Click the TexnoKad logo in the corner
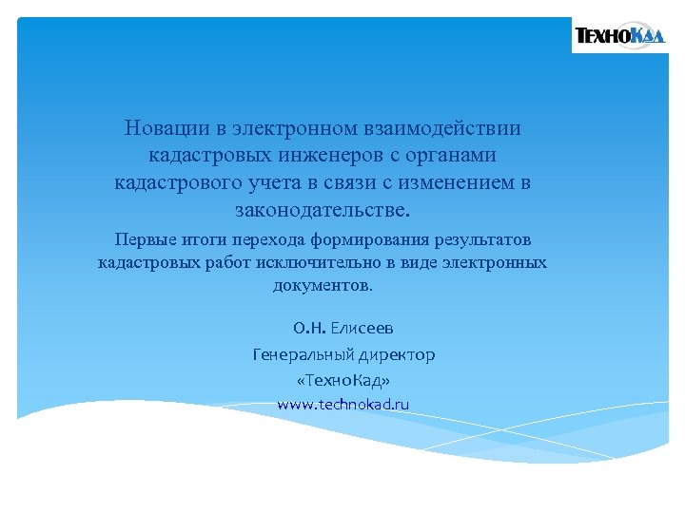(x=619, y=37)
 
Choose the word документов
(x=323, y=285)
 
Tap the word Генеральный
(x=301, y=354)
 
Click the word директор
(x=394, y=354)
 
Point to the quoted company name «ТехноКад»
(x=342, y=380)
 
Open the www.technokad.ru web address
(x=342, y=404)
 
